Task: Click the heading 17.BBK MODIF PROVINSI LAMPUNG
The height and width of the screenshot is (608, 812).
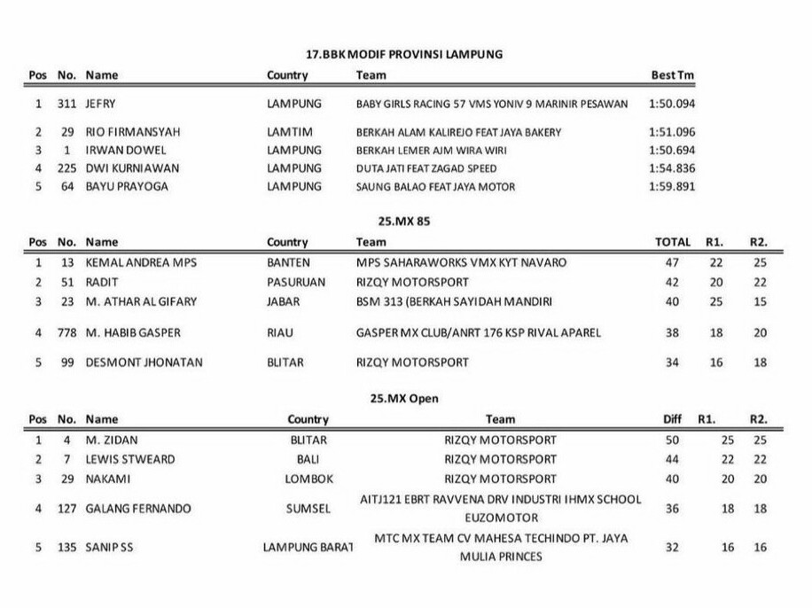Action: click(x=404, y=54)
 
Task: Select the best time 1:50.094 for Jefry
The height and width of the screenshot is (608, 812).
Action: click(x=671, y=104)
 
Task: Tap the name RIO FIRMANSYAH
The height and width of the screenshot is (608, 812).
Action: click(x=132, y=132)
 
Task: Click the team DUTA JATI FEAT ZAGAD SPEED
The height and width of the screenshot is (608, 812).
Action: click(x=426, y=168)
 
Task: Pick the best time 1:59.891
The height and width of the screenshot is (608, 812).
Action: click(x=671, y=187)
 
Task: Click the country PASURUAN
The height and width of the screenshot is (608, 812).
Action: click(x=296, y=282)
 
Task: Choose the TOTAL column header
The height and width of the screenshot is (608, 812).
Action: click(x=672, y=241)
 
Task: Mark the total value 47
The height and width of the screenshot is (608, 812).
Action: click(x=672, y=263)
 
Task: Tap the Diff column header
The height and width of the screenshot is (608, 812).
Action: click(x=672, y=419)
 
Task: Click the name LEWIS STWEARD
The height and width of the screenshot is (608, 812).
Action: click(x=130, y=459)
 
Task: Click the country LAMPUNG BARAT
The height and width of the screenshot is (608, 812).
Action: click(x=308, y=548)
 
